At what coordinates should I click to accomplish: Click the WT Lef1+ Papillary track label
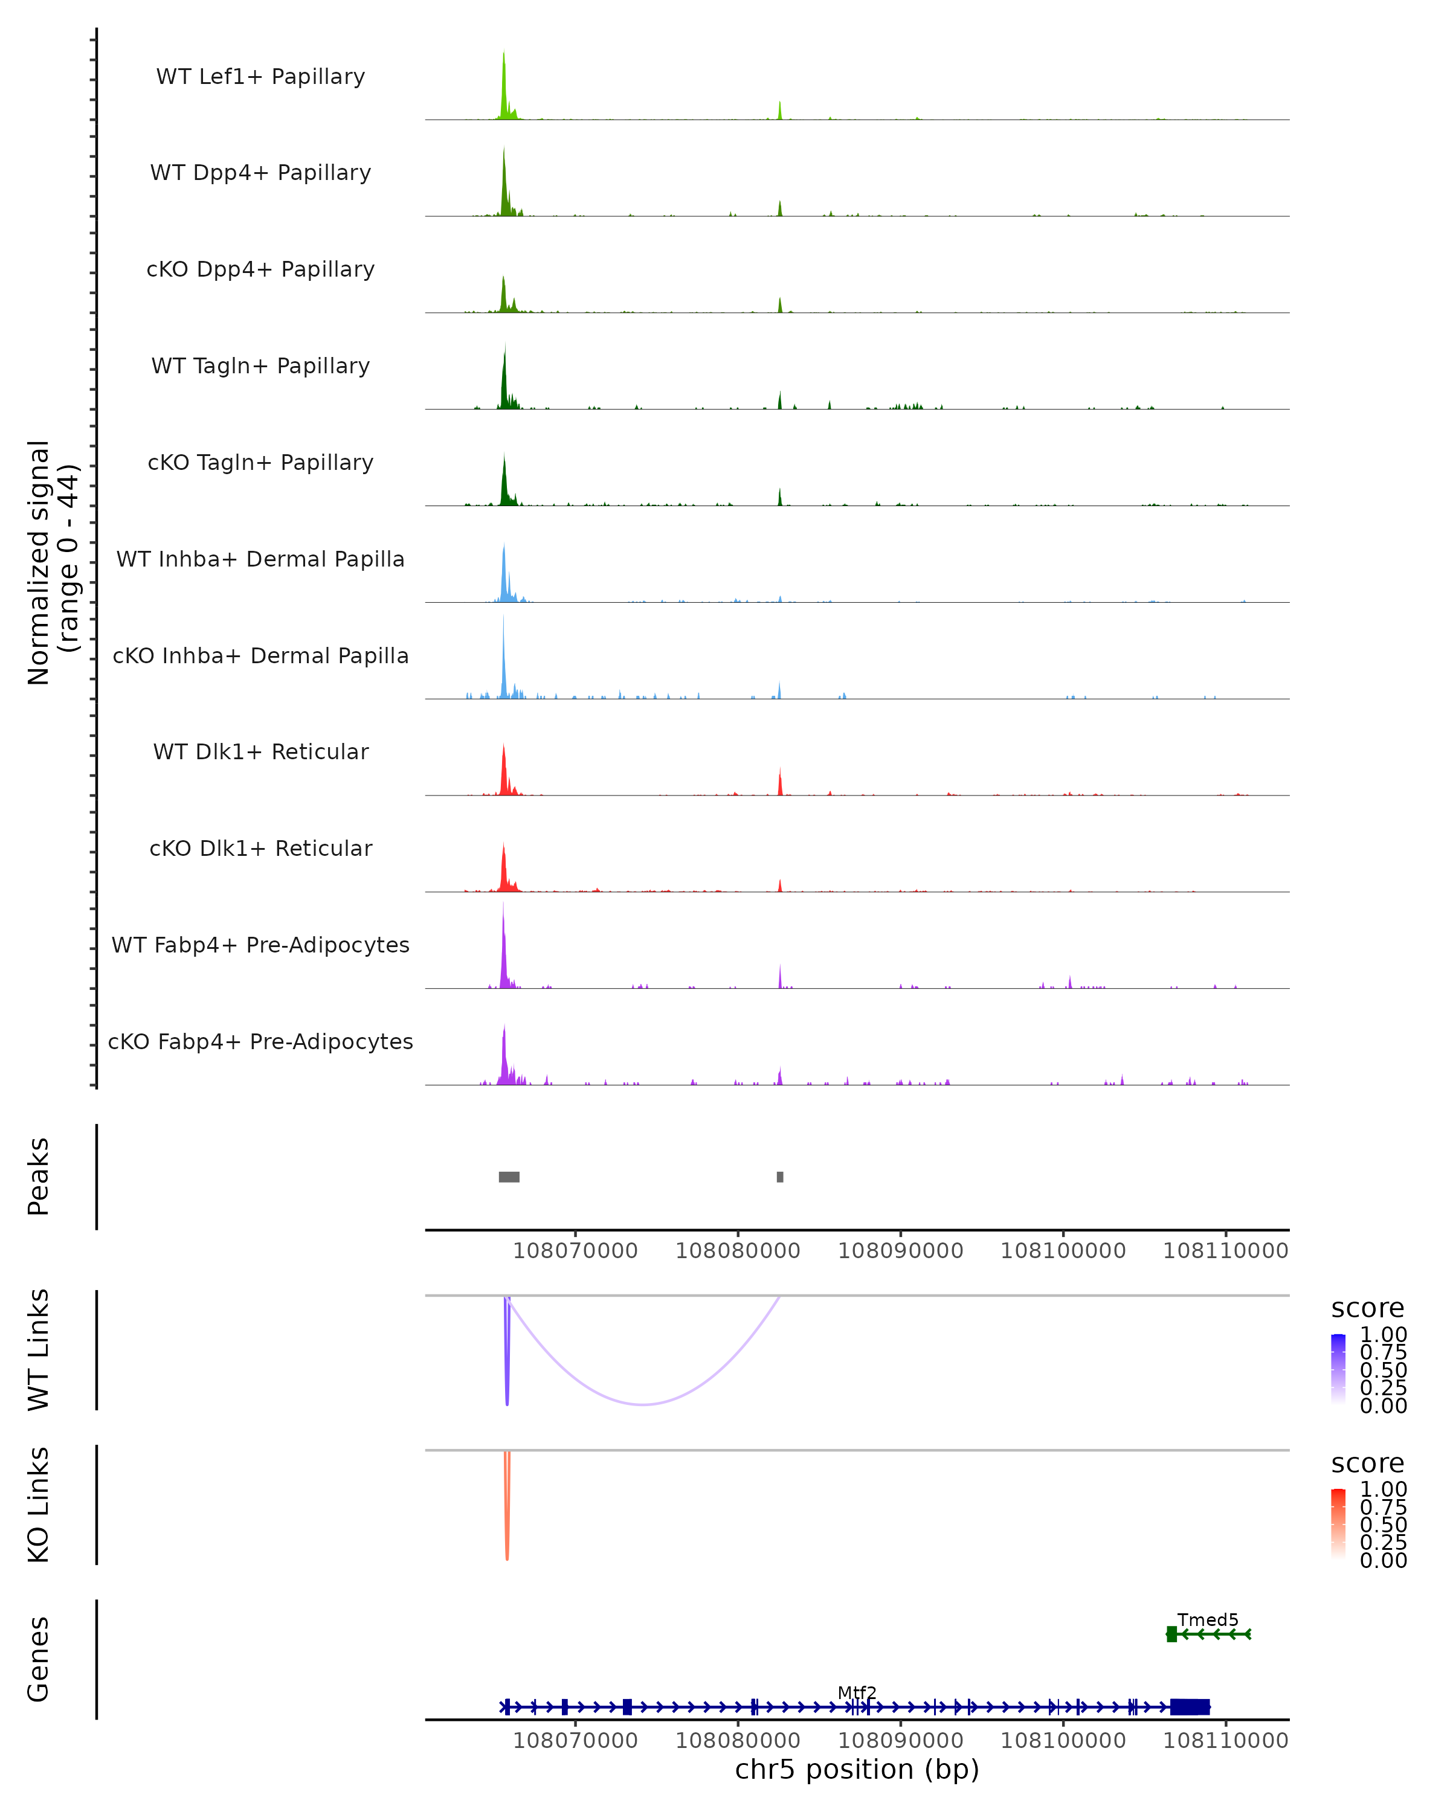point(260,77)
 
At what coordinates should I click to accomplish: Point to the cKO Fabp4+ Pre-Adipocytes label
point(260,1041)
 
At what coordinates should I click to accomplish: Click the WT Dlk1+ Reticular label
point(260,752)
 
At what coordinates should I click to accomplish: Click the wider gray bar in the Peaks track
point(509,1177)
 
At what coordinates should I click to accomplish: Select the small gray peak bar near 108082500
point(780,1177)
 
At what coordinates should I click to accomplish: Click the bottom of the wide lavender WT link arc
point(643,1404)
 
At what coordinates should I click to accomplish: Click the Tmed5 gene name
point(1207,1619)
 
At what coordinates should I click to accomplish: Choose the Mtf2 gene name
point(857,1692)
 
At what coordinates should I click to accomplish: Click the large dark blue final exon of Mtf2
point(1190,1707)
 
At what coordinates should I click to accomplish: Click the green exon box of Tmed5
point(1171,1634)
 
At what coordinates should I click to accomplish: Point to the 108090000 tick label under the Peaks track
point(900,1251)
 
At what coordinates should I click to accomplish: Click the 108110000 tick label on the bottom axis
point(1225,1741)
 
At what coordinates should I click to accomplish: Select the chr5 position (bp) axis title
point(857,1769)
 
